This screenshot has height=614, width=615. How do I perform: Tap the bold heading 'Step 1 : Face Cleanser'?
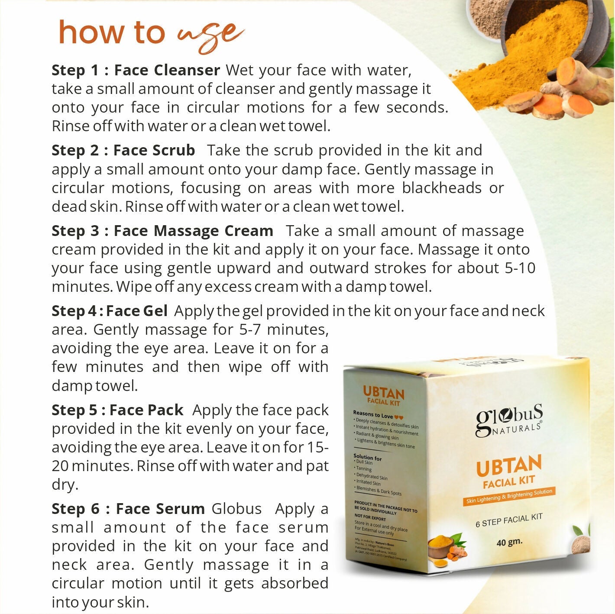(x=136, y=70)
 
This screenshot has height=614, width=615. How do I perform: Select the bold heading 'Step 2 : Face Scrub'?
(x=123, y=150)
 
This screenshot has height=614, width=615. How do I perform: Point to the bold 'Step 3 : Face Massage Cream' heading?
(x=162, y=231)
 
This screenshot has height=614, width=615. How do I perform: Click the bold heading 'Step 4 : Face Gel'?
(x=110, y=311)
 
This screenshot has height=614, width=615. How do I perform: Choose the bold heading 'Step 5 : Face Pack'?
(x=117, y=410)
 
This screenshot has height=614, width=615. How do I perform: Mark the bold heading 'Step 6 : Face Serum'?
(x=128, y=509)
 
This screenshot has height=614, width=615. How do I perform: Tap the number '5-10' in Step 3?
(x=520, y=268)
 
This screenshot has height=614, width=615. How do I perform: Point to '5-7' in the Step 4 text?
(x=250, y=330)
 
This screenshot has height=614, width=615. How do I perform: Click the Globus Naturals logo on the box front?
(x=509, y=420)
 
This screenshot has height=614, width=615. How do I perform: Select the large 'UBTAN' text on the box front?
(x=509, y=466)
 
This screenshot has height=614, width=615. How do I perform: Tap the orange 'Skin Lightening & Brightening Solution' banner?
(x=509, y=496)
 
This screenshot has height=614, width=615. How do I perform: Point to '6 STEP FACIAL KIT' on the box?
(x=509, y=520)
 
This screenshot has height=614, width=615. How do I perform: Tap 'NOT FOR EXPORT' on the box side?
(x=370, y=517)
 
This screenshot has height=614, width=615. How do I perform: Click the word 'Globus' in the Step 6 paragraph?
(x=236, y=509)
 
